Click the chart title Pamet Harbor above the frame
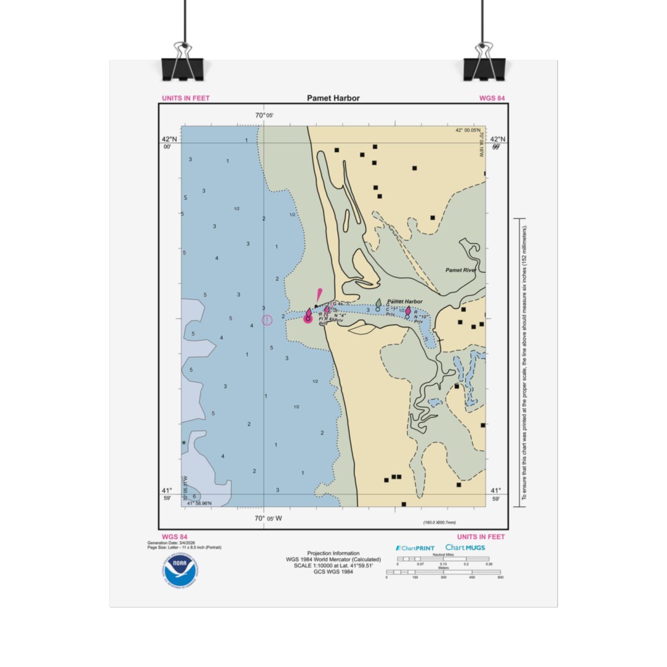pyautogui.click(x=333, y=98)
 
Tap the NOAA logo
pyautogui.click(x=181, y=569)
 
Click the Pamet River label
pyautogui.click(x=461, y=270)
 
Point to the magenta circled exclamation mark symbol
pyautogui.click(x=267, y=320)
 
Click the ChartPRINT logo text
pyautogui.click(x=415, y=548)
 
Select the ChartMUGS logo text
pyautogui.click(x=465, y=547)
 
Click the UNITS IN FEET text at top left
pyautogui.click(x=186, y=98)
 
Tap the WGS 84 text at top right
pyautogui.click(x=492, y=98)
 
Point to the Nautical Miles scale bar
pyautogui.click(x=443, y=559)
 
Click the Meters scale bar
pyautogui.click(x=443, y=572)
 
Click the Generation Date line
pyautogui.click(x=171, y=542)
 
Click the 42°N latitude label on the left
pyautogui.click(x=170, y=140)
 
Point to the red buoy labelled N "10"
pyautogui.click(x=408, y=312)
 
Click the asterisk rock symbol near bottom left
pyautogui.click(x=184, y=443)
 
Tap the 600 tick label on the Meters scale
pyautogui.click(x=500, y=578)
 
